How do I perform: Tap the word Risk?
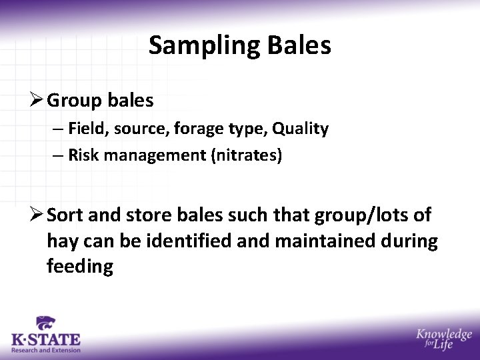pos(83,156)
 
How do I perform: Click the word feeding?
pos(80,267)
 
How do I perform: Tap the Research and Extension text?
pos(45,350)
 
